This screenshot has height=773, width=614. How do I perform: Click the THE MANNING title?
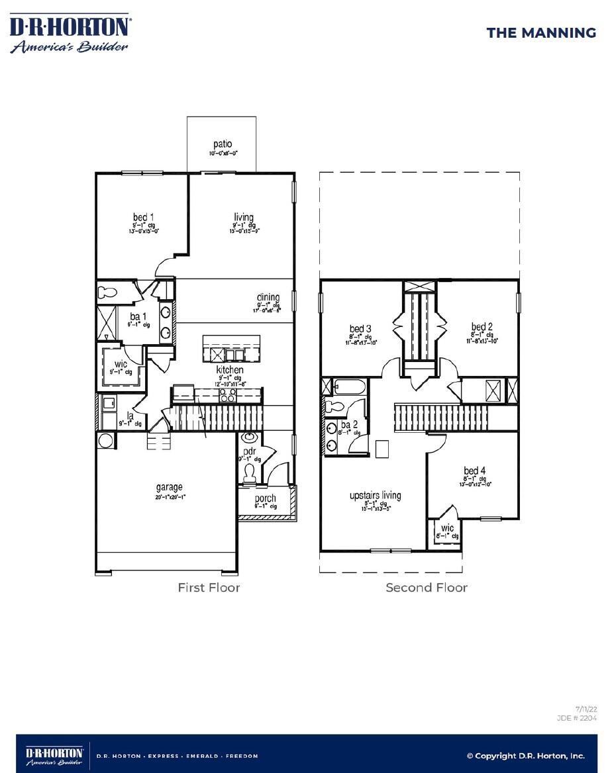(x=541, y=32)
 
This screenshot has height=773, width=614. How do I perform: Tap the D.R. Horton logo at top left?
(x=70, y=34)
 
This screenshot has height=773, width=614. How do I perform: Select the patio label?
(x=223, y=144)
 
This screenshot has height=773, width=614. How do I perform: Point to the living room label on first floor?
(x=244, y=218)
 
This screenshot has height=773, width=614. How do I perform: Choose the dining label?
(x=268, y=298)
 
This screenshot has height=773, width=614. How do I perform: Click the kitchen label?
(x=229, y=370)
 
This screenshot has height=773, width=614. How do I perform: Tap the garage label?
(x=169, y=488)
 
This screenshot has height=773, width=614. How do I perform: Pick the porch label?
(x=266, y=498)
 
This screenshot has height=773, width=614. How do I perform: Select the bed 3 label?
(x=360, y=329)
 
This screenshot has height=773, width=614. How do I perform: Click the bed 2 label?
(x=482, y=327)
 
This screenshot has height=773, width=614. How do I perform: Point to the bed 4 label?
(x=474, y=471)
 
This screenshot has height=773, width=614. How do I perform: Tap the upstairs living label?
(x=375, y=496)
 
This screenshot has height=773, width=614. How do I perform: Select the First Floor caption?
(x=209, y=587)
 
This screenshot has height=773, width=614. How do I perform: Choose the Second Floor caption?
(x=427, y=587)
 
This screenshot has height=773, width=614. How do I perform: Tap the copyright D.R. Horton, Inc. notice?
(x=525, y=756)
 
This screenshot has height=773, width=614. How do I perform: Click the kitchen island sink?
(x=234, y=355)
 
